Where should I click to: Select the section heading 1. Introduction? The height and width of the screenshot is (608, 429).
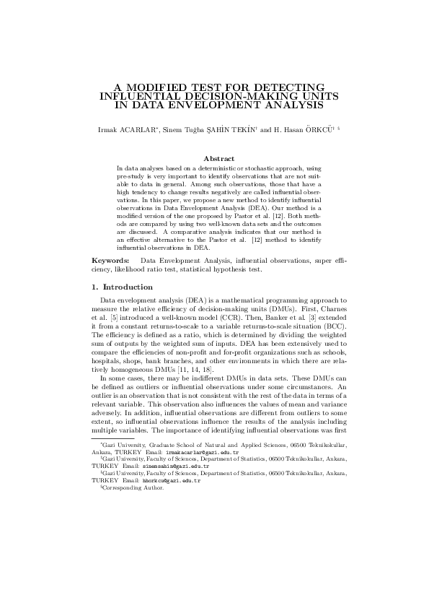coord(122,287)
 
